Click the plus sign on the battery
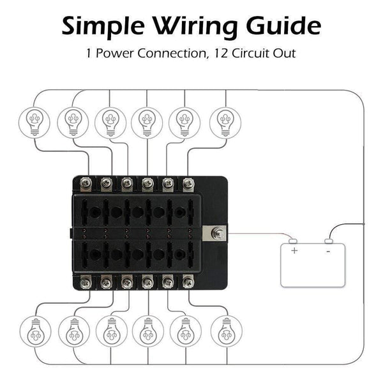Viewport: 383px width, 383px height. (294, 251)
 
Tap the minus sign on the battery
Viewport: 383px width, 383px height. (327, 251)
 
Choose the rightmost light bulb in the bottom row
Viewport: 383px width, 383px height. (225, 331)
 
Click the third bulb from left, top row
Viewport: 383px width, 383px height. (110, 119)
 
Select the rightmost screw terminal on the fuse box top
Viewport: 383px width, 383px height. (188, 184)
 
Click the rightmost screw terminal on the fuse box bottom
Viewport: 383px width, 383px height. (188, 282)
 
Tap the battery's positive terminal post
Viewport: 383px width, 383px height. (292, 241)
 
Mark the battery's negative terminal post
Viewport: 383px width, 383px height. (329, 241)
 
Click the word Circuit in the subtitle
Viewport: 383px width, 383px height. (255, 54)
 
